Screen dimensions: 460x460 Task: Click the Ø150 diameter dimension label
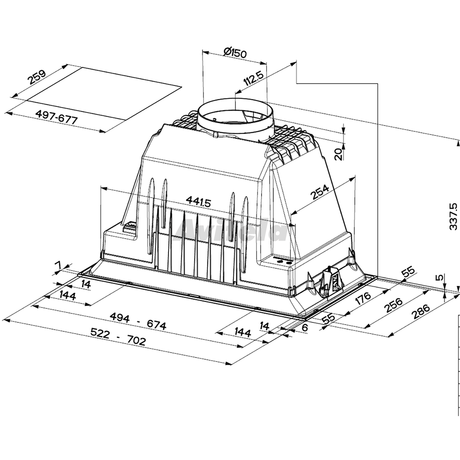(x=235, y=53)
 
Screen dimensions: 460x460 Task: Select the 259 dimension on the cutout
(x=37, y=77)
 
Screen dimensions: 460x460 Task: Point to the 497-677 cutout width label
(x=56, y=117)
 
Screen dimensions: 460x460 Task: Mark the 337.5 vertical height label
(x=453, y=216)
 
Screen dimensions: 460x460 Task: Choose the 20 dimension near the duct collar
(x=338, y=154)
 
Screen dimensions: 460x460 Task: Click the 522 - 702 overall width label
(x=118, y=336)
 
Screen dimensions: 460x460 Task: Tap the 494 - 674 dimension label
(x=138, y=321)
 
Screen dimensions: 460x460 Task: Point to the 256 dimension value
(x=394, y=305)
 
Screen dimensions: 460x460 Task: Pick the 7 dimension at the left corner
(x=59, y=265)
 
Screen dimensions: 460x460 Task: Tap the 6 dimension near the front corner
(x=305, y=328)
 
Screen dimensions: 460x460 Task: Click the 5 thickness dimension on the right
(x=439, y=278)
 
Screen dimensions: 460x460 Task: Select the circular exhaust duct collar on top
(x=236, y=118)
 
